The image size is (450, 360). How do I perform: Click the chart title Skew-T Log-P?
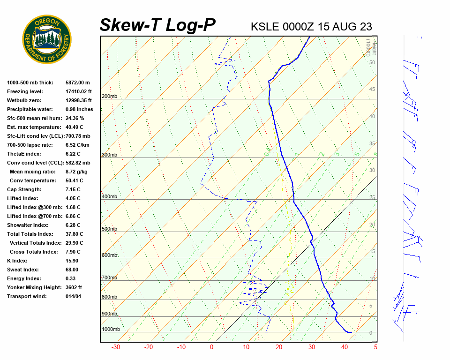click(x=158, y=25)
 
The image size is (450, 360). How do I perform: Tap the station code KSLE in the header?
click(x=265, y=26)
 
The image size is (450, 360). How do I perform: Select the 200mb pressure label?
click(x=109, y=97)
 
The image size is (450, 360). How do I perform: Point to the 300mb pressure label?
click(x=109, y=155)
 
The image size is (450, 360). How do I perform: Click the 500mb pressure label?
click(x=109, y=229)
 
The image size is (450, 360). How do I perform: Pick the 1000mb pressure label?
click(x=111, y=329)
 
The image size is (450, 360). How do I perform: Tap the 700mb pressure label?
click(x=109, y=277)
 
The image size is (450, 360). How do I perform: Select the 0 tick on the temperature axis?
click(x=212, y=347)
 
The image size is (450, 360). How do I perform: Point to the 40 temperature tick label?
click(x=344, y=347)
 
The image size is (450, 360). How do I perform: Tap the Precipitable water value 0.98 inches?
click(x=79, y=109)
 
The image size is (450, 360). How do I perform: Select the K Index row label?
click(x=17, y=261)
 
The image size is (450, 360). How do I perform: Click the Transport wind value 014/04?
click(x=73, y=296)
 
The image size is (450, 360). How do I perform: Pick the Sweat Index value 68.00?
click(x=72, y=270)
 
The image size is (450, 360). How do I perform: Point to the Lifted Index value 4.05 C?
click(x=73, y=198)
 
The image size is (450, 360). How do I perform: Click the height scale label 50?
click(x=372, y=62)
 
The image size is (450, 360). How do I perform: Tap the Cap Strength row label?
click(x=24, y=189)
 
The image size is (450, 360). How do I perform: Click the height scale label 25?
click(x=372, y=197)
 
